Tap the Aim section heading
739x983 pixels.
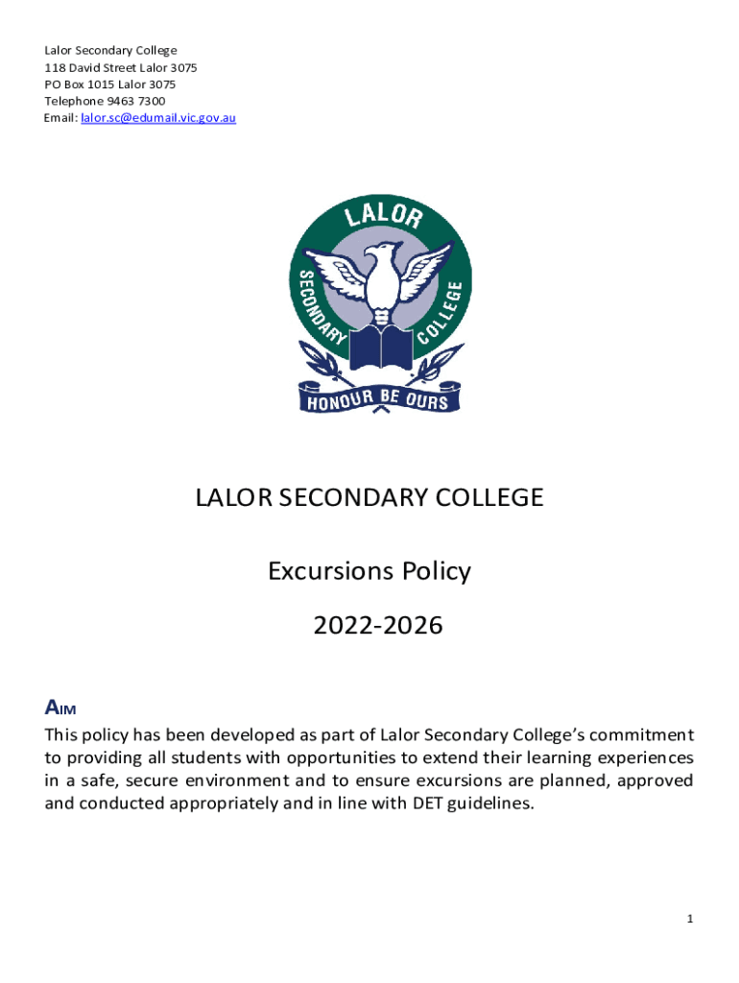(60, 708)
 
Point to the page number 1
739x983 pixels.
(689, 920)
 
